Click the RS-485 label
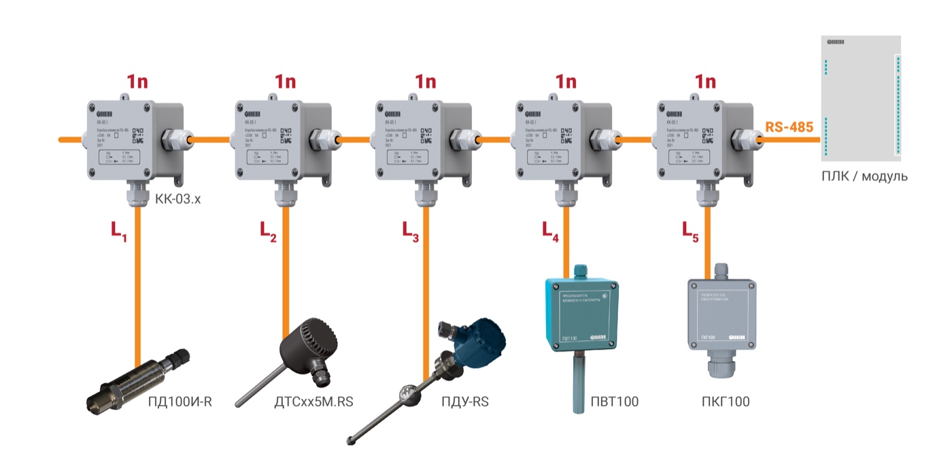click(x=789, y=127)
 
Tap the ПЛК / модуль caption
click(x=864, y=177)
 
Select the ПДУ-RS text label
click(x=464, y=402)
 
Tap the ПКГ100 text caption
click(x=726, y=402)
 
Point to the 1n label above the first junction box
click(x=137, y=82)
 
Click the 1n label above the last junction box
click(x=705, y=82)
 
